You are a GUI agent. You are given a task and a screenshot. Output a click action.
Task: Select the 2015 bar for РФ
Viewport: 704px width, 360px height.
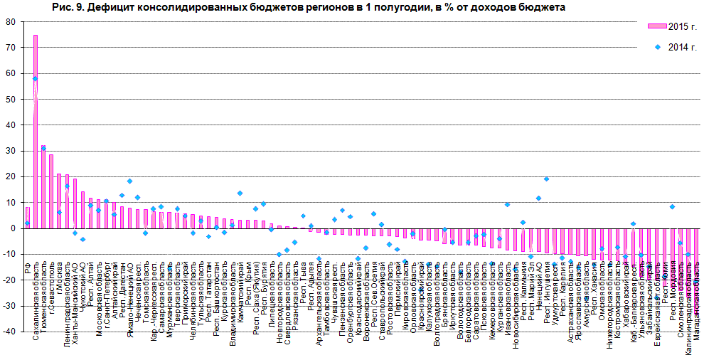(x=28, y=218)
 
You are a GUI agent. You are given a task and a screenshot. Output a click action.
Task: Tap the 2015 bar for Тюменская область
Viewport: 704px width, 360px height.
(x=43, y=188)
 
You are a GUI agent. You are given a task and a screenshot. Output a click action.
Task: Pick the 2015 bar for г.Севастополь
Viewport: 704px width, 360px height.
(x=51, y=191)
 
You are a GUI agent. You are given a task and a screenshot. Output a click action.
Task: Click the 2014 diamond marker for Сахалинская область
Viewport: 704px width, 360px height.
(x=36, y=78)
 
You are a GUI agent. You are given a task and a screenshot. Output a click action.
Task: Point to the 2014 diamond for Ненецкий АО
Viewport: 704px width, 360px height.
(x=538, y=198)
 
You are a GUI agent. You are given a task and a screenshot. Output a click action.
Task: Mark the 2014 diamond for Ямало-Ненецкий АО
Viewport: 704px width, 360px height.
(x=129, y=181)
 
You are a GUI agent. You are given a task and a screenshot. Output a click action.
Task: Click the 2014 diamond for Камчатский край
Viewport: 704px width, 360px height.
(x=240, y=193)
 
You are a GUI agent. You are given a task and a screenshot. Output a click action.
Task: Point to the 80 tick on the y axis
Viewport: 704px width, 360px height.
(x=11, y=21)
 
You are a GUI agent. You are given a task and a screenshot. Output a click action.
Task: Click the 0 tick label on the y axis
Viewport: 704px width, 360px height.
(x=14, y=228)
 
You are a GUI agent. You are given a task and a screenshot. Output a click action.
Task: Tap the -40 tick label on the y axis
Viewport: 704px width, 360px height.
(x=9, y=332)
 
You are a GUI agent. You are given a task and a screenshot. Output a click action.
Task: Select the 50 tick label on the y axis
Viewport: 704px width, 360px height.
(x=11, y=99)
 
